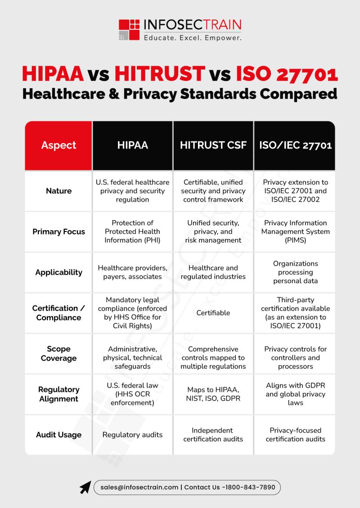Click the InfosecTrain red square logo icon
tap(129, 30)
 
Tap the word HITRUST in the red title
tap(159, 74)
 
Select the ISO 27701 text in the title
tap(287, 74)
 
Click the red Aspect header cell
tap(58, 145)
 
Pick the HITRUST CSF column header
tap(213, 145)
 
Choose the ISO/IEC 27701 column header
tap(295, 145)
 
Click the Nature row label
tap(58, 191)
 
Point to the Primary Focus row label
tap(58, 231)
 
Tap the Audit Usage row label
tap(58, 435)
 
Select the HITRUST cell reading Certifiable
tap(213, 313)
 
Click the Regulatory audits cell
tap(132, 435)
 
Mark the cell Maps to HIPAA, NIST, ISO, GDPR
tap(213, 394)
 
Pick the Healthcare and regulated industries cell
tap(213, 272)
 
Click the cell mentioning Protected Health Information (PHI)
tap(132, 231)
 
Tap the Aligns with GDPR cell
tap(295, 394)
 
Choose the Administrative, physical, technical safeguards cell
tap(132, 358)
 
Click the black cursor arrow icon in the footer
tap(85, 488)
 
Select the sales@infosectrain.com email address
tap(139, 487)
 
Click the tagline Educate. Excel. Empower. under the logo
tap(193, 38)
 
